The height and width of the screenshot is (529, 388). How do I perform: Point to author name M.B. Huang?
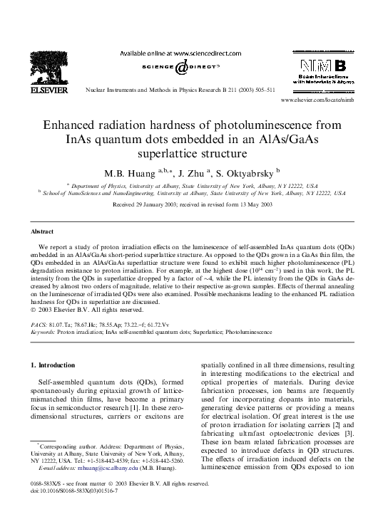click(132, 173)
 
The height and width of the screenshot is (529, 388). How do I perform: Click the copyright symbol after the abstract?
click(33, 310)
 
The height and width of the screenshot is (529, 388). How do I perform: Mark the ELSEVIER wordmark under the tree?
click(48, 90)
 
